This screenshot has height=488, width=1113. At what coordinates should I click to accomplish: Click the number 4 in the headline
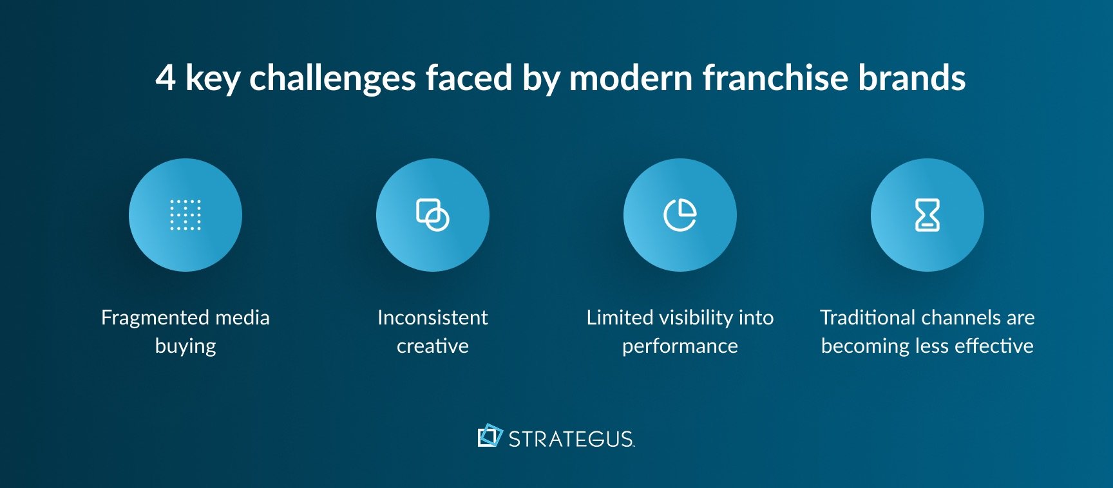[166, 78]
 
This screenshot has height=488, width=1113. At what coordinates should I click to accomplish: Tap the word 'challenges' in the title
[332, 78]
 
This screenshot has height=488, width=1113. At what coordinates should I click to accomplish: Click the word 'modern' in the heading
[631, 78]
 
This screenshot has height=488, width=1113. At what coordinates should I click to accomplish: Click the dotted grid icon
[185, 215]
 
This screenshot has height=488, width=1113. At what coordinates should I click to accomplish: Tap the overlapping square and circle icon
[433, 215]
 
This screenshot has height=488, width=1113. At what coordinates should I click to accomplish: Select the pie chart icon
[680, 215]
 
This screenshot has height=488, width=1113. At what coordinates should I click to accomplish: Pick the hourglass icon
[927, 215]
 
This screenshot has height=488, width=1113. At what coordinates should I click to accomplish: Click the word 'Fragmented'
[155, 317]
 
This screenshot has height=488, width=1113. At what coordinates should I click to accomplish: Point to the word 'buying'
[185, 346]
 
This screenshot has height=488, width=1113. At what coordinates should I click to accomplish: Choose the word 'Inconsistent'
[433, 317]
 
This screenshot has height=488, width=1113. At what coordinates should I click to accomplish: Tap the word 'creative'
[433, 346]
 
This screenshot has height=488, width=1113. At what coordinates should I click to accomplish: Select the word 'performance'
[680, 346]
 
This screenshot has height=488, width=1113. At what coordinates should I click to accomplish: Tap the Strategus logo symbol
[490, 436]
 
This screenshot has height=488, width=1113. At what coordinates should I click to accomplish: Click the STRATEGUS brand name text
[571, 439]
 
